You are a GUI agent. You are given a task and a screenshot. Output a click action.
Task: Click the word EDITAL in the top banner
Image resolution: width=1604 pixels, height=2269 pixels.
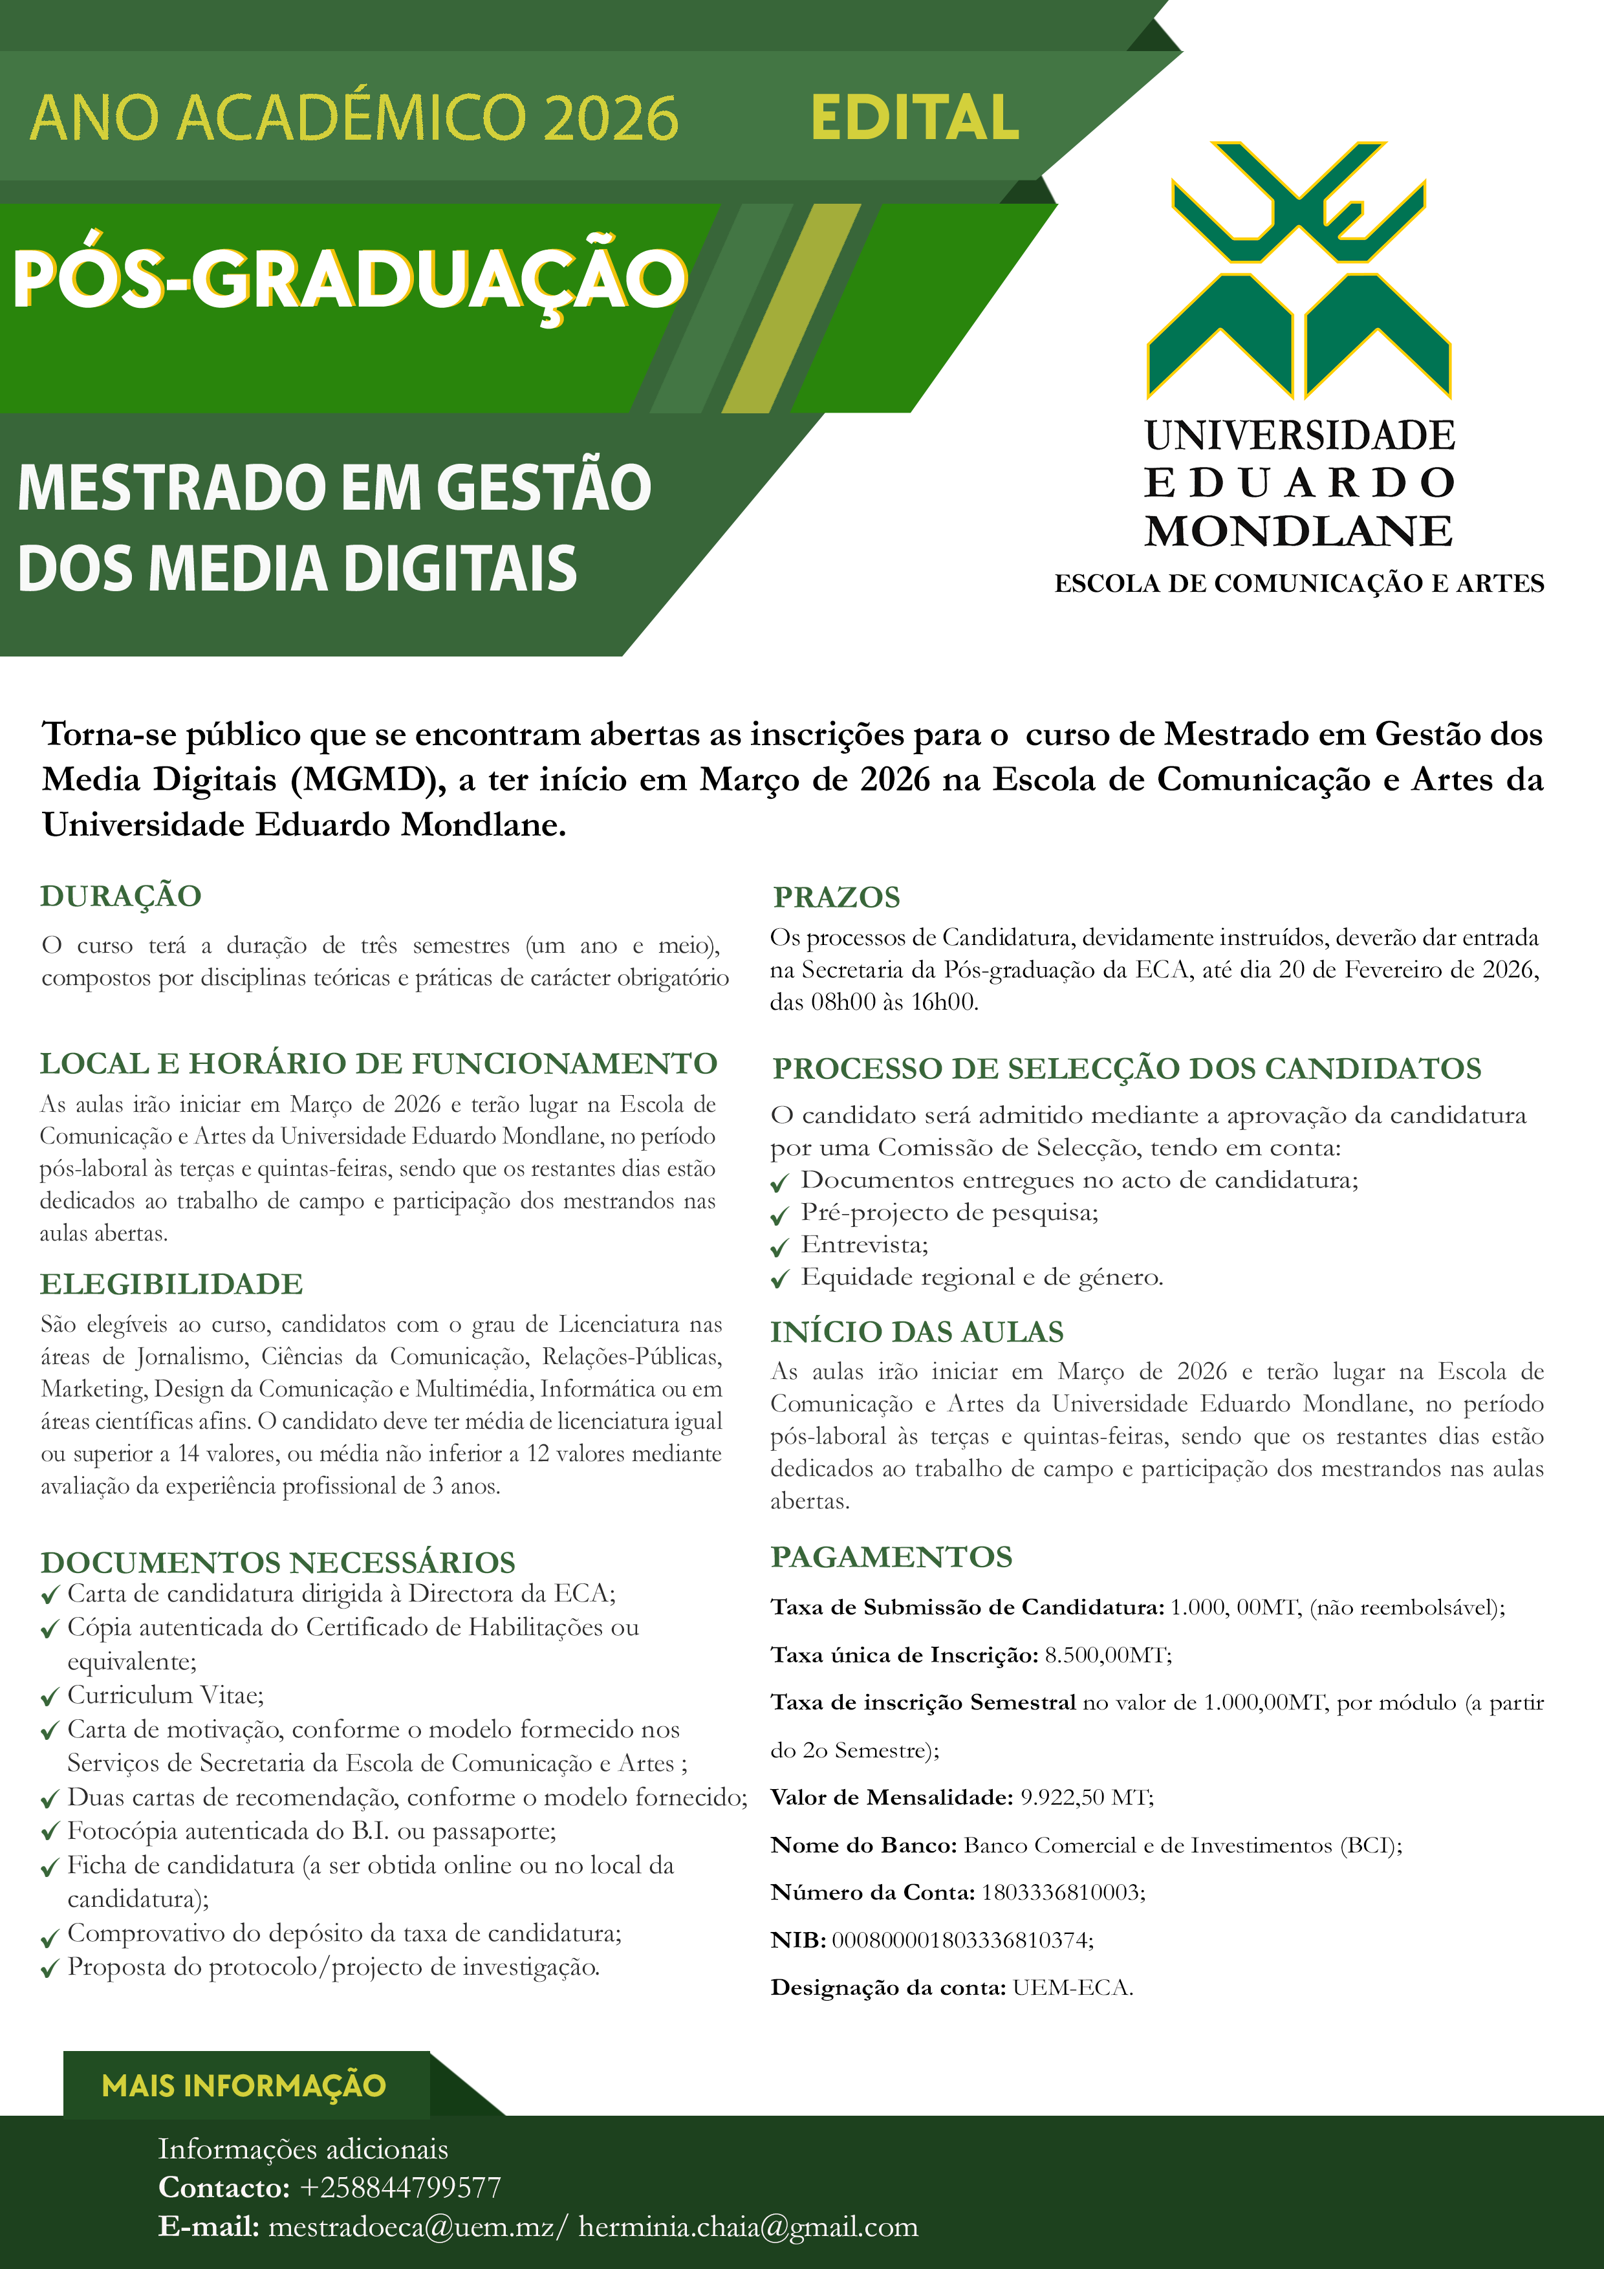tap(914, 118)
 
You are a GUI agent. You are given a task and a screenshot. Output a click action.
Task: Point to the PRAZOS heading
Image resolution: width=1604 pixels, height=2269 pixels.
tap(836, 896)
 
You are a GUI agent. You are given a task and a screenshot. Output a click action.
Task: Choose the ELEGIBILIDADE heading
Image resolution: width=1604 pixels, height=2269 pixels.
tap(171, 1284)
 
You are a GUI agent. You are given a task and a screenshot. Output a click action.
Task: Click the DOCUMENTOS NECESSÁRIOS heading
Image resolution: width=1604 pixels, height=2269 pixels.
tap(277, 1563)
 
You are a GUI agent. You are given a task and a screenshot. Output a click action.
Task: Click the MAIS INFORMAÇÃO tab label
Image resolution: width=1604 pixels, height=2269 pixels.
tap(244, 2085)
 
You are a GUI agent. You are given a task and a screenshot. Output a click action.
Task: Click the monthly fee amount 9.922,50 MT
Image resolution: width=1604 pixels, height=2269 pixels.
tap(1086, 1797)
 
